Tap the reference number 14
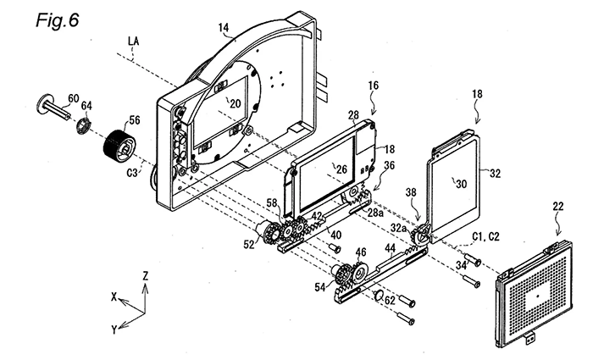coord(223,28)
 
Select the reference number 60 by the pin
coord(74,100)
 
